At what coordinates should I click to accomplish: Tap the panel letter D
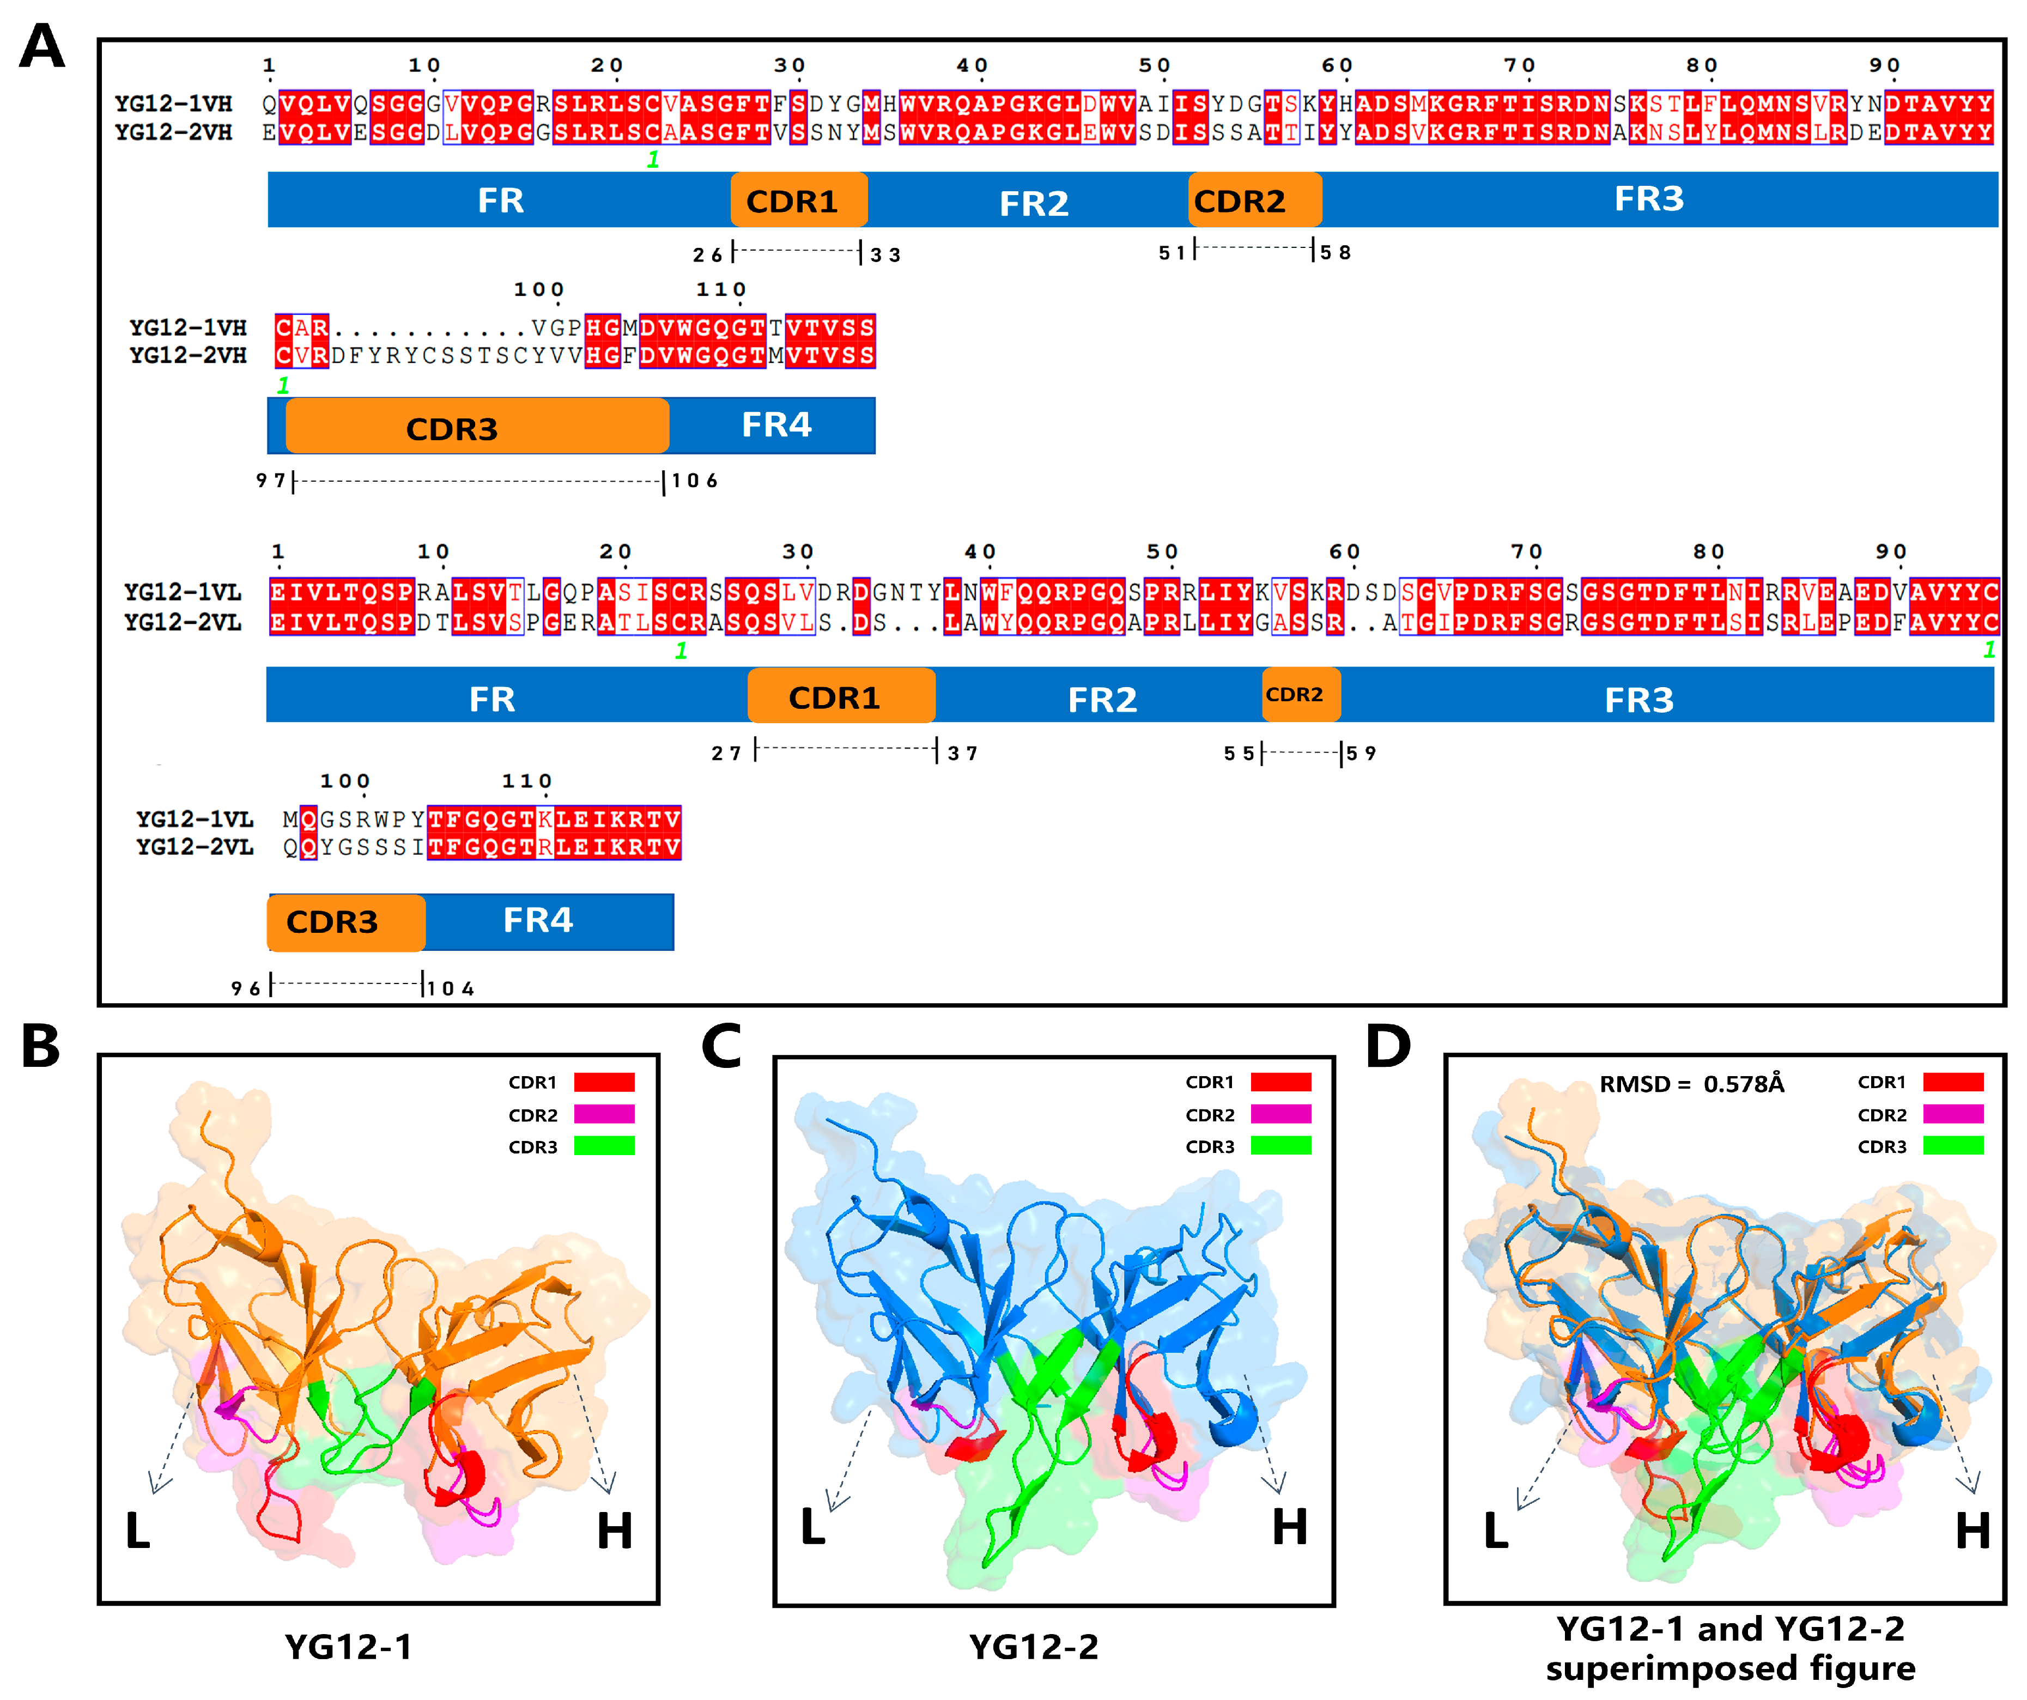1388,1047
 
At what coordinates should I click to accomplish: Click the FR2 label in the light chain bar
1102,699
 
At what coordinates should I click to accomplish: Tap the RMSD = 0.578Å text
1691,1084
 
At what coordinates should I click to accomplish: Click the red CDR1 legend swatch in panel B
604,1082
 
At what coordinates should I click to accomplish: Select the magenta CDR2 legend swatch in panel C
1281,1114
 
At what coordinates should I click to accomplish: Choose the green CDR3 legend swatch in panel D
1953,1146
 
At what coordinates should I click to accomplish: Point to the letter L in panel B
138,1531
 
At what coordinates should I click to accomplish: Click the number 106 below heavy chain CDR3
695,481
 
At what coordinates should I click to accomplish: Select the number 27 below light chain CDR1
726,753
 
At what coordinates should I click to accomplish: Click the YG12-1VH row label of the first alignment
174,104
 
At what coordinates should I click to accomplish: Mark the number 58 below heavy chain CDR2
1336,253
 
